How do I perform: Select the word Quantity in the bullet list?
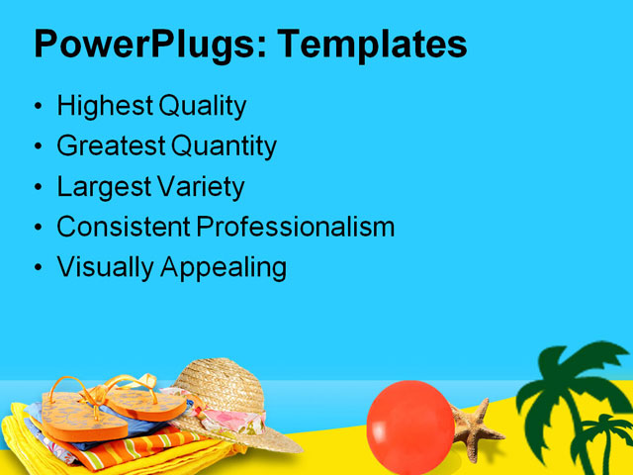pos(224,146)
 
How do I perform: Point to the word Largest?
pos(99,187)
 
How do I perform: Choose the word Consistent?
pos(123,227)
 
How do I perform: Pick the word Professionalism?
pos(295,227)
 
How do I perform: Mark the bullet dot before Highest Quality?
pos(38,107)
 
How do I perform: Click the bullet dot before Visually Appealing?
pos(38,268)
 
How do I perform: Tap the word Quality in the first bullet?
pos(199,106)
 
